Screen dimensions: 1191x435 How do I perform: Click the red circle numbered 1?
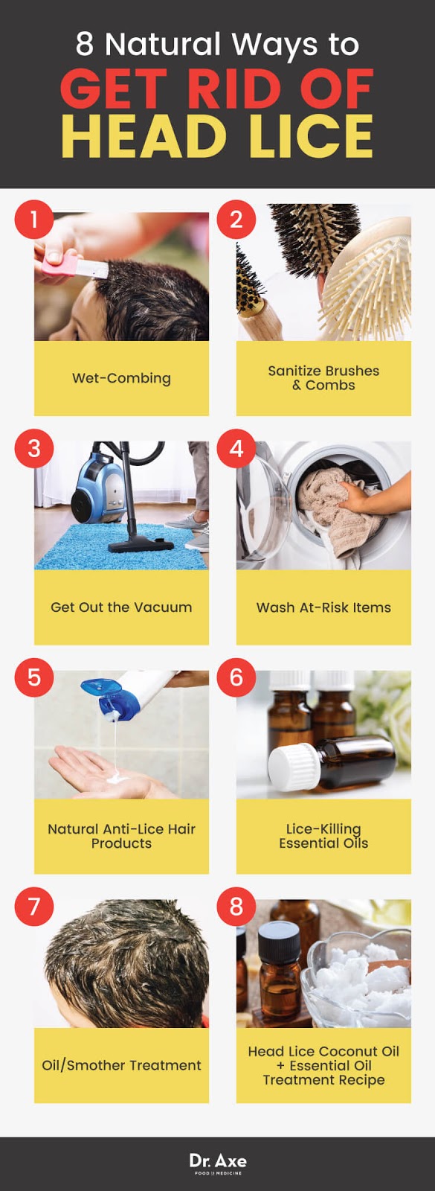click(x=33, y=220)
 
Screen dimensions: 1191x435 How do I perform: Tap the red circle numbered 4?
click(x=236, y=449)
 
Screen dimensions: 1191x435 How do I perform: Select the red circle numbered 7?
click(x=33, y=907)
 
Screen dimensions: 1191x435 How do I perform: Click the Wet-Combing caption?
click(x=121, y=378)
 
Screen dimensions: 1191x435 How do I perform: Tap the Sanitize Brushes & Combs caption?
click(x=323, y=378)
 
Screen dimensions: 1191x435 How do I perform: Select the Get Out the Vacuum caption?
click(x=121, y=607)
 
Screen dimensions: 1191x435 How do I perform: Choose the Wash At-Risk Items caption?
click(x=323, y=607)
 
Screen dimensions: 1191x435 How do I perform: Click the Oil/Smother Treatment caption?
click(x=121, y=1065)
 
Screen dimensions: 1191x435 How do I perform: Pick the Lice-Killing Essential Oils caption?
click(x=323, y=836)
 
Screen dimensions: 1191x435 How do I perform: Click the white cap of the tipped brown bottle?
click(x=294, y=766)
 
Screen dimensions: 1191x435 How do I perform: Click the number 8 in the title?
click(x=85, y=45)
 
